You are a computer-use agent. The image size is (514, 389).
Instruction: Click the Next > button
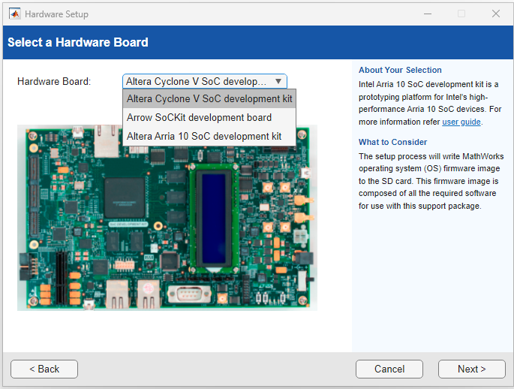[471, 369]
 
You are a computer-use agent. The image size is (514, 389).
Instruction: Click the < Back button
[44, 369]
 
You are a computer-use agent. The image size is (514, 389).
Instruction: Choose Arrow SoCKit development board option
[199, 117]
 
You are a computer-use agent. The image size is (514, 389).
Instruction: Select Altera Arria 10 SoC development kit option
[204, 136]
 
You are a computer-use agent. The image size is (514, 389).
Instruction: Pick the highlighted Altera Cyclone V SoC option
[209, 98]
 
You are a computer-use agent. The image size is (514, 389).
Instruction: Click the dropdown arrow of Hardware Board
[278, 81]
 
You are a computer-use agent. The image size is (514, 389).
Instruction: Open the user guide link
[461, 122]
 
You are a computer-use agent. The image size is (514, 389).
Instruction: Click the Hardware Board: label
[54, 81]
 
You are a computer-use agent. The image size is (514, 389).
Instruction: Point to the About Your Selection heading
[400, 70]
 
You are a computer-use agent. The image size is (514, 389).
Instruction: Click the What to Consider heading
[392, 142]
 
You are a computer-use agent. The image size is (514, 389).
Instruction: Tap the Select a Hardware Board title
[78, 42]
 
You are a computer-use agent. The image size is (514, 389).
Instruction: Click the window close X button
[496, 14]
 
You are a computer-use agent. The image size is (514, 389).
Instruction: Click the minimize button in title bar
[427, 14]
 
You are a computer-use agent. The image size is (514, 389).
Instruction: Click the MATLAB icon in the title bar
[14, 14]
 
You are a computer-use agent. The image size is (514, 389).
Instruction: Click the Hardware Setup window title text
[56, 14]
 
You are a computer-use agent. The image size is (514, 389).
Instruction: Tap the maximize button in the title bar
[461, 14]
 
